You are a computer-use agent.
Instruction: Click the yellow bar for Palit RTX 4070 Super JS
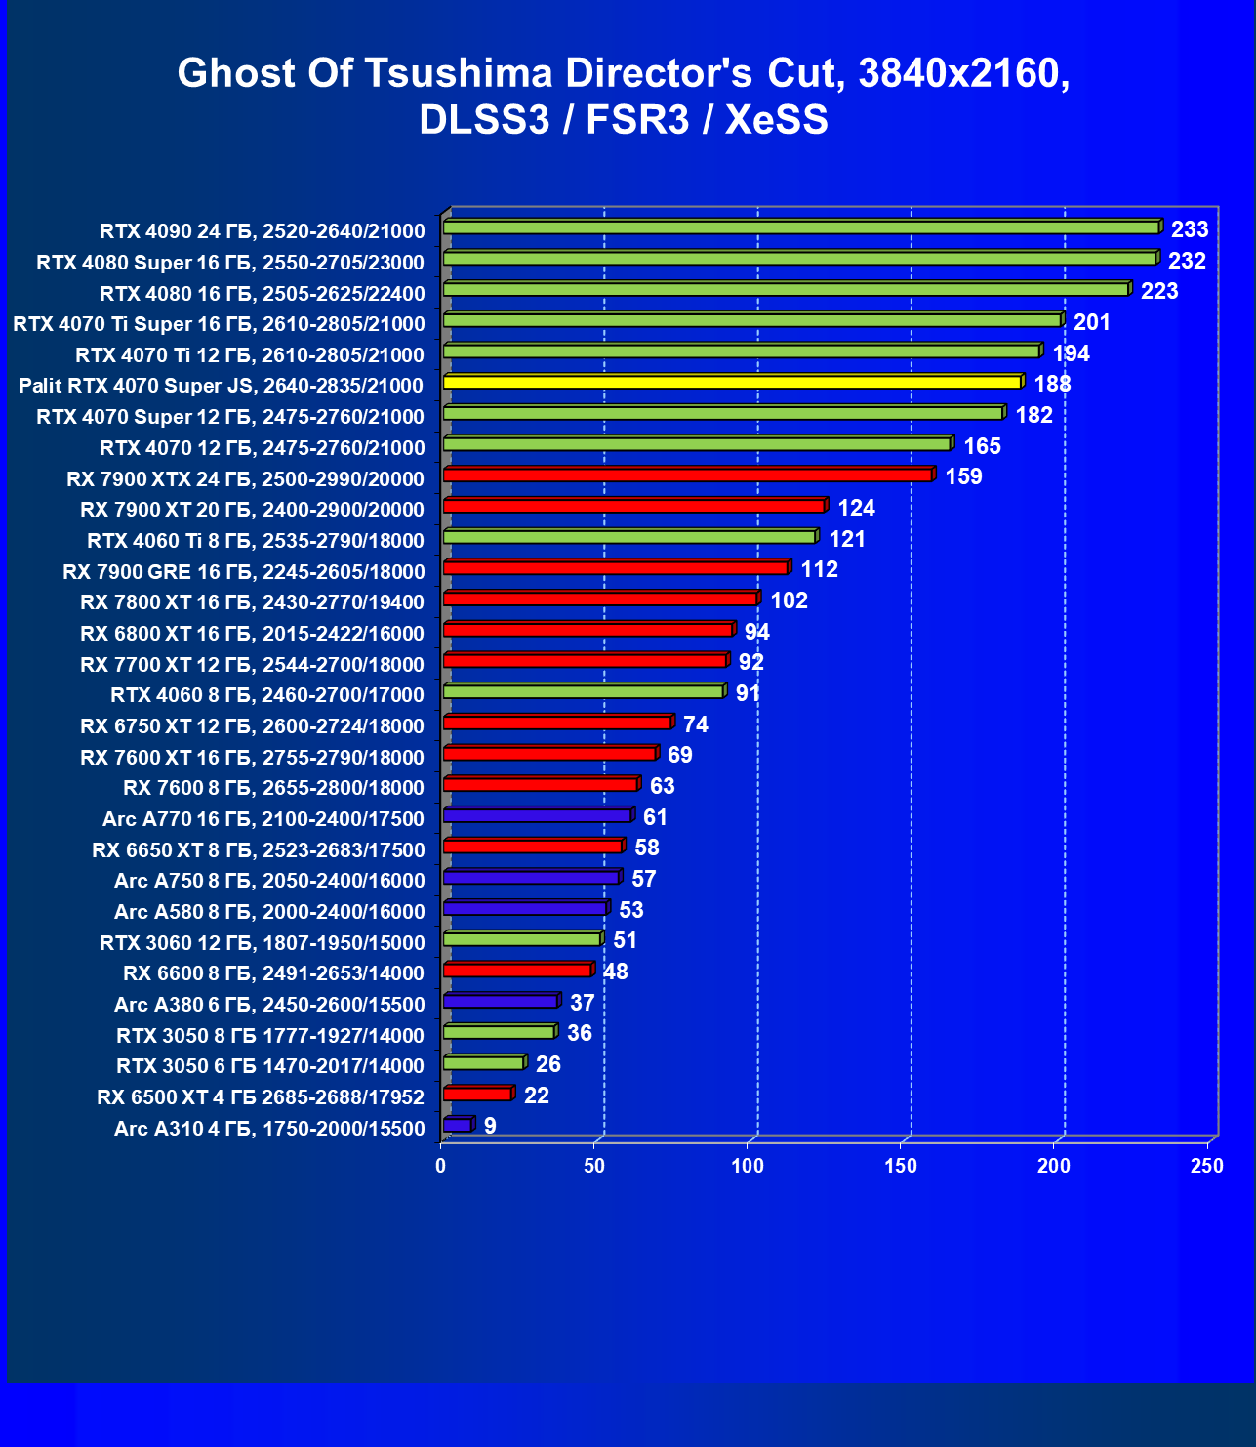(732, 382)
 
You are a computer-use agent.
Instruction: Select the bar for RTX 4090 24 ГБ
(800, 227)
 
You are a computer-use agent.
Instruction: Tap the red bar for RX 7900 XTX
(688, 475)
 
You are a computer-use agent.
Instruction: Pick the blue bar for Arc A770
(537, 815)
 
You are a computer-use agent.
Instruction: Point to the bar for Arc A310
(457, 1125)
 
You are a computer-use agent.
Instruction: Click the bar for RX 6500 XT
(477, 1094)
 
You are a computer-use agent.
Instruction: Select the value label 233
(1190, 229)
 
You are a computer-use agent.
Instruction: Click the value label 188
(1052, 384)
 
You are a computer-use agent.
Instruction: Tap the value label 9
(490, 1126)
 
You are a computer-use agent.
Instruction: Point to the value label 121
(847, 539)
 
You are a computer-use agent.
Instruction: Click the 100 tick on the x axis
(748, 1166)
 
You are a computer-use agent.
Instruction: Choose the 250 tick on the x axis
(1206, 1166)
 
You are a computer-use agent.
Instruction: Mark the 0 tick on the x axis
(441, 1166)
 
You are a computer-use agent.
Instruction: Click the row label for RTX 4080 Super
(230, 263)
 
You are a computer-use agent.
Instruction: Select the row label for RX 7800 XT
(252, 602)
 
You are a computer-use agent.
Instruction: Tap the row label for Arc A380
(269, 1005)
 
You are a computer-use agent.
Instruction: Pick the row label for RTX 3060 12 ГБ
(263, 943)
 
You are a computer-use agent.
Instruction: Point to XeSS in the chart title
(777, 120)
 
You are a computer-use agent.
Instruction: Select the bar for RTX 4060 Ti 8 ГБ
(629, 537)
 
